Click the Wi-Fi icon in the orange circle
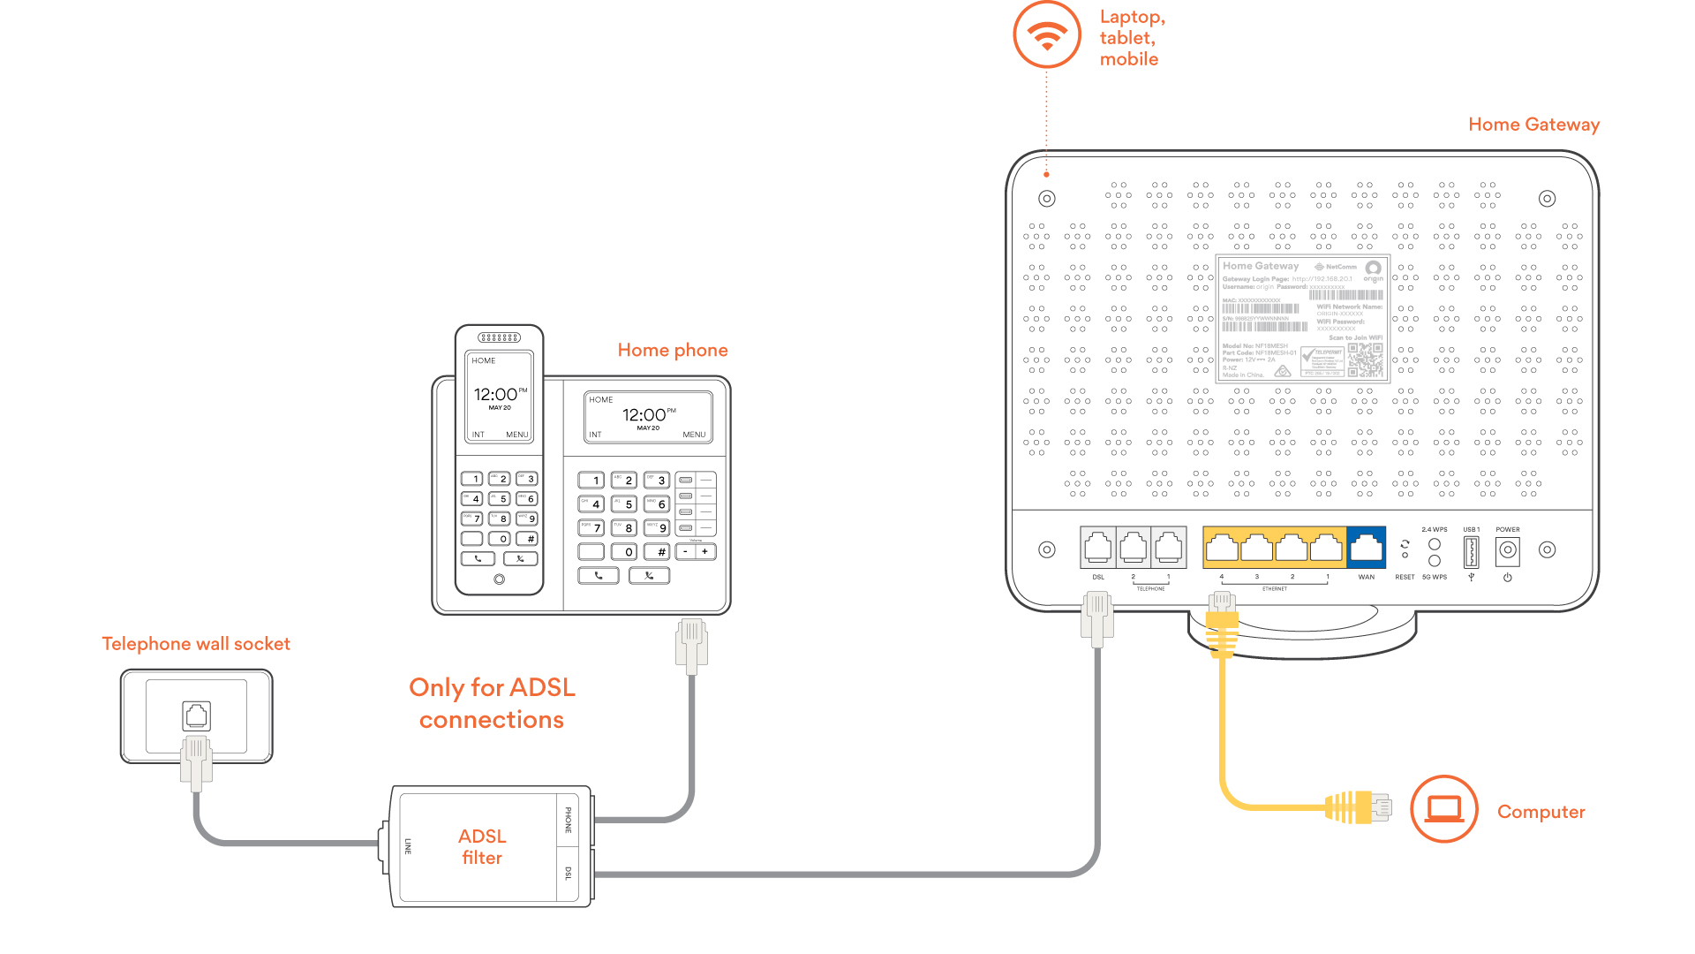[1047, 35]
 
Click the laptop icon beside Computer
[1444, 809]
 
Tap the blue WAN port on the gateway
[1366, 548]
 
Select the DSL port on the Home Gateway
[1098, 548]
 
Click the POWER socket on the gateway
[1508, 551]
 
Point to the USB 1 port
[1471, 552]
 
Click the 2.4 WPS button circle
[1435, 544]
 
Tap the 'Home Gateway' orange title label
[1533, 125]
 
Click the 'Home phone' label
[673, 350]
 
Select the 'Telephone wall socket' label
[196, 644]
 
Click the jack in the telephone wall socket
[196, 715]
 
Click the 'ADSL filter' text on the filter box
[482, 846]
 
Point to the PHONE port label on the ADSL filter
[569, 820]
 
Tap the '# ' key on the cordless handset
[527, 538]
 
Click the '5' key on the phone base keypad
[625, 503]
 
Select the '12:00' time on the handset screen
[495, 394]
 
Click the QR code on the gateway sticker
[1365, 360]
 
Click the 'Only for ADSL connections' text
[492, 703]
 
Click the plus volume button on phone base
[705, 552]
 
